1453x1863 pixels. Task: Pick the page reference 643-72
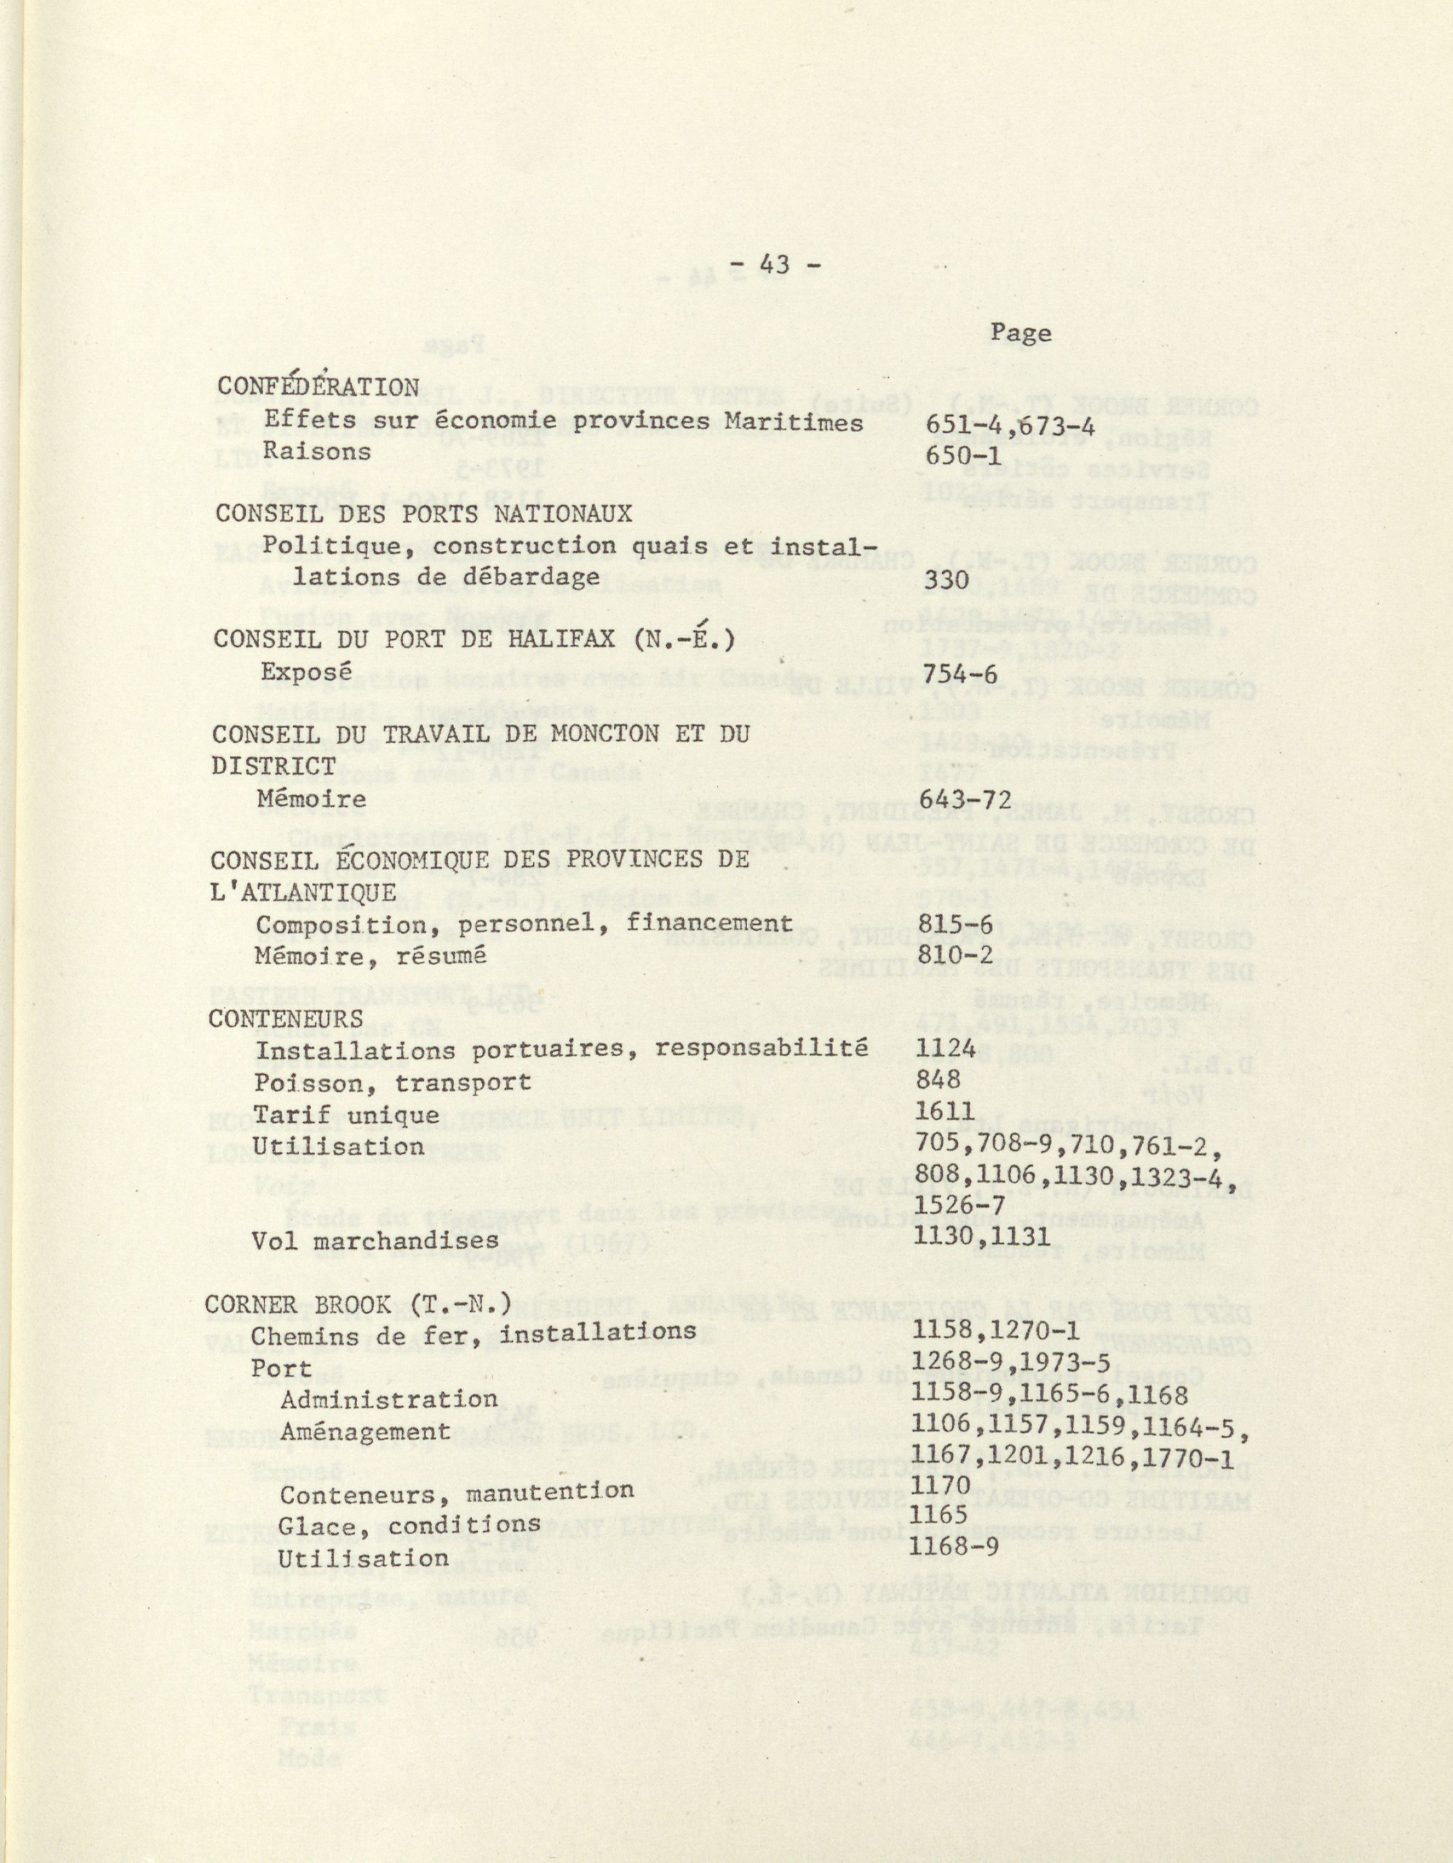click(967, 800)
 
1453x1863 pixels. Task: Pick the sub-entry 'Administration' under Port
click(388, 1400)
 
